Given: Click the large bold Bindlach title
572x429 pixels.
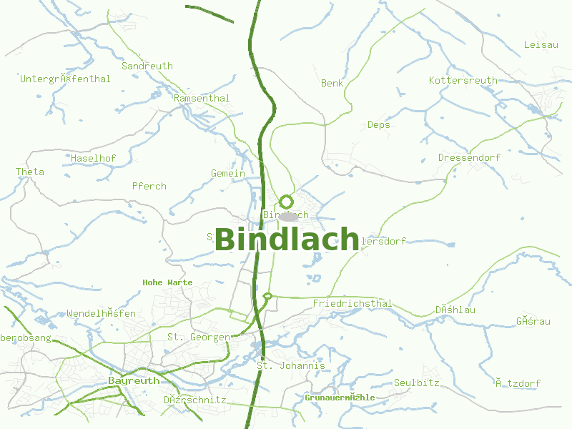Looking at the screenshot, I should click(286, 240).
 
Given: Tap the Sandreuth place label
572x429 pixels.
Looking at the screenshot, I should click(147, 66).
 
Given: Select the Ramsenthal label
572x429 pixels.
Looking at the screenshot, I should click(202, 98).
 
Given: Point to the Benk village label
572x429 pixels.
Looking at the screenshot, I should click(332, 83).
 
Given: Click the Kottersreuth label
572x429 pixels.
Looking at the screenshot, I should click(463, 80).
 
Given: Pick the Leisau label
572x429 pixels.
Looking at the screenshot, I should click(541, 44).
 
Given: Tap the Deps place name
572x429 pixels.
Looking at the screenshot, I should click(378, 124).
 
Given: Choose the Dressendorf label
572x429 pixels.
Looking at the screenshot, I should click(469, 157).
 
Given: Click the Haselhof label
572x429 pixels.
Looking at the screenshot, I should click(93, 157).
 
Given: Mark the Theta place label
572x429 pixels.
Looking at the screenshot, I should click(30, 172).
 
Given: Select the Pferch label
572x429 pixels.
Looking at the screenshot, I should click(149, 186).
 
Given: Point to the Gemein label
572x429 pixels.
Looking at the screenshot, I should click(227, 173).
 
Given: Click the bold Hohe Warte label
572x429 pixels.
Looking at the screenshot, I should click(167, 282).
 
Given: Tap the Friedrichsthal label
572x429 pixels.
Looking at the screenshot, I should click(352, 303).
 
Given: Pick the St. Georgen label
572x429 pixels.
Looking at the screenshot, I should click(199, 337).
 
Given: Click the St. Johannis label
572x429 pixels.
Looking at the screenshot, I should click(290, 365).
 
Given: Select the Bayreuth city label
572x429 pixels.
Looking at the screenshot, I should click(134, 380).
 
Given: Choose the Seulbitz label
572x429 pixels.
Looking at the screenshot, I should click(416, 383).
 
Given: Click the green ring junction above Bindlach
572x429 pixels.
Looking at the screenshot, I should click(286, 202).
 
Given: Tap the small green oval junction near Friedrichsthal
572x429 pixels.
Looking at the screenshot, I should click(267, 295).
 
